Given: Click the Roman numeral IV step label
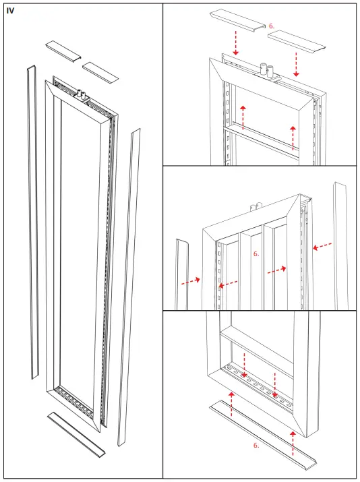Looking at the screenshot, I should (x=10, y=11).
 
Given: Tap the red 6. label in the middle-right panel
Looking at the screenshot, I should (x=256, y=254).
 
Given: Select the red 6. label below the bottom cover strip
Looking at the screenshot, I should (x=256, y=446).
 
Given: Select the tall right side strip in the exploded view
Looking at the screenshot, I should (x=129, y=283).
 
